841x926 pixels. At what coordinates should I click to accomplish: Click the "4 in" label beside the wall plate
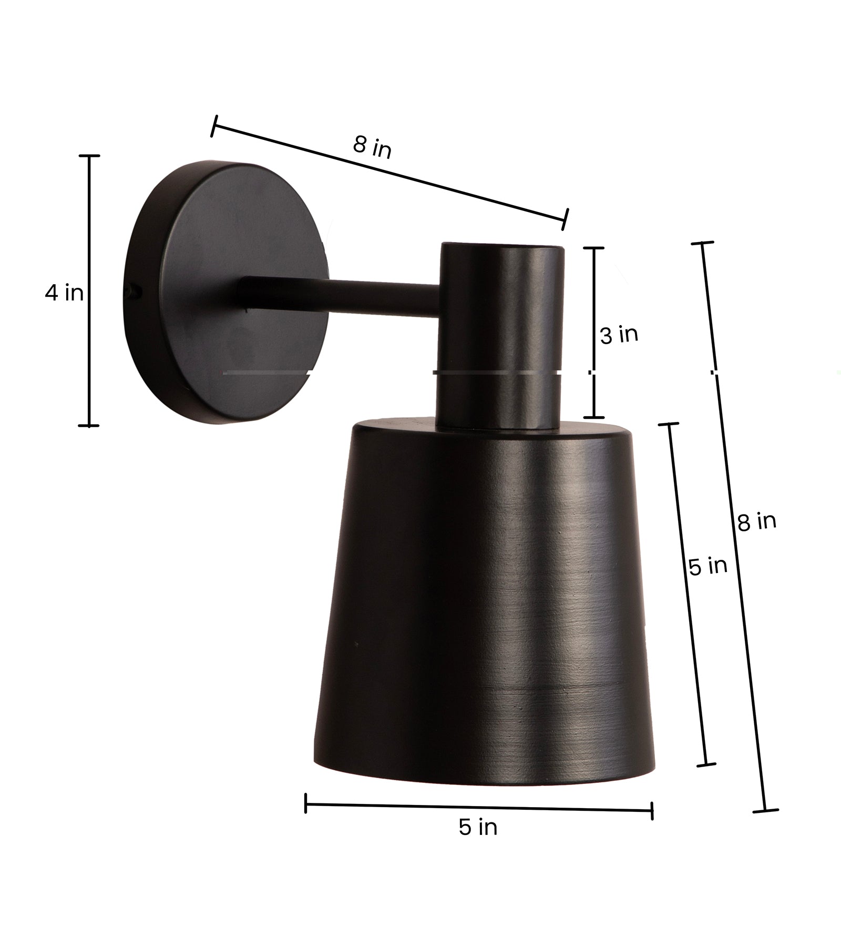click(x=64, y=293)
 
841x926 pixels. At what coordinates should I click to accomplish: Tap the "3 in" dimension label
click(x=619, y=335)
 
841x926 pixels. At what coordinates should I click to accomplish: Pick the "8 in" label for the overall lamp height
click(x=756, y=521)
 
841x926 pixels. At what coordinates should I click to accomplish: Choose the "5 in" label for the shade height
click(x=707, y=566)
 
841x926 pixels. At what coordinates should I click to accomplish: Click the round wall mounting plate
click(x=226, y=292)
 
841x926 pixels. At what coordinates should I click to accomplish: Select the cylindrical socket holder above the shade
click(x=501, y=337)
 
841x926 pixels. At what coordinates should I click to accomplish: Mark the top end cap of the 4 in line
click(x=89, y=156)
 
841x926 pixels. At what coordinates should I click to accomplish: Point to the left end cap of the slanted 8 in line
click(x=213, y=127)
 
